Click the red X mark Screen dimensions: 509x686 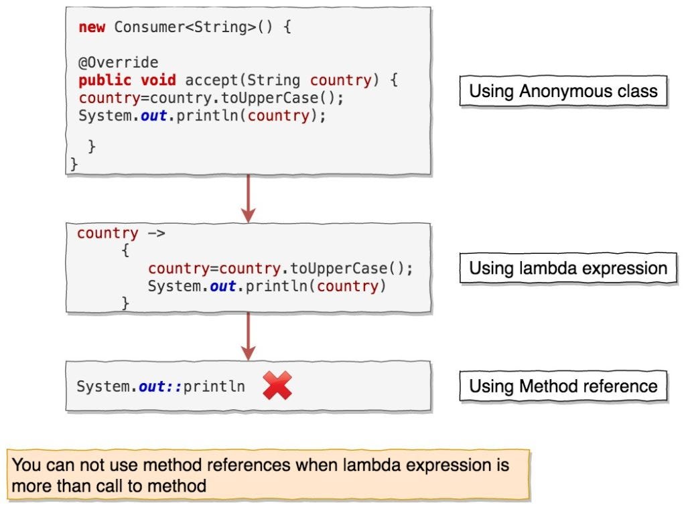277,386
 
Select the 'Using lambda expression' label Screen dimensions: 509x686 567,269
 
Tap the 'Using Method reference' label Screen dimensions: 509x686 563,386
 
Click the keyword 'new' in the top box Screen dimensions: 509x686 92,28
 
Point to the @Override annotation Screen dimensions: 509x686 118,63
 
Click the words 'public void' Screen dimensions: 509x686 127,80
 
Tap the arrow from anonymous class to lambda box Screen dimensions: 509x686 249,198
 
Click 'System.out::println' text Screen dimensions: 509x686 160,387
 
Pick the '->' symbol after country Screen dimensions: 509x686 155,234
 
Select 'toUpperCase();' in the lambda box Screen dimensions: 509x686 352,269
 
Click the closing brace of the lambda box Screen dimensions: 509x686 125,303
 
